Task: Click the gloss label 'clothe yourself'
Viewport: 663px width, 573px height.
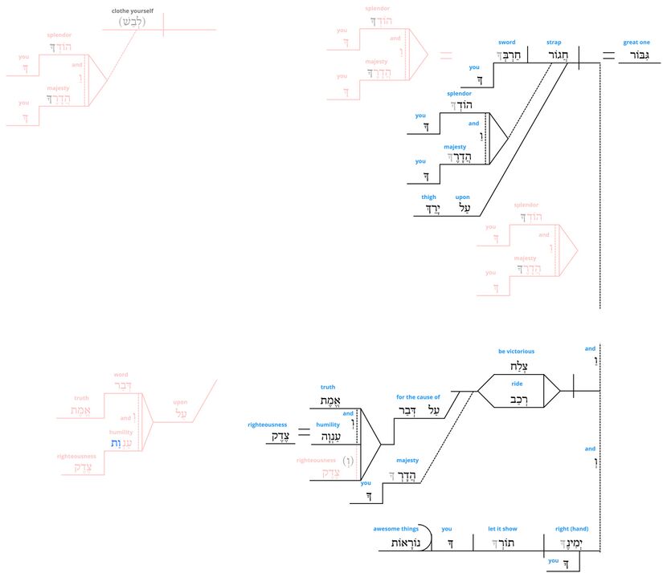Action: (x=133, y=10)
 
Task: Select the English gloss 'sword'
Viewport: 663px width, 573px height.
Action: (x=506, y=42)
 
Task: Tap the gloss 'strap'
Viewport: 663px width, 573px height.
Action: (x=554, y=42)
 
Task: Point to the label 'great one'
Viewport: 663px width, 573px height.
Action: (x=636, y=42)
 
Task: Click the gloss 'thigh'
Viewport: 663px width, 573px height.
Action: (x=428, y=197)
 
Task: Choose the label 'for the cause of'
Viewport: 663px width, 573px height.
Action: (x=418, y=396)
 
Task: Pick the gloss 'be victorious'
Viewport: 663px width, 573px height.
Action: (x=516, y=351)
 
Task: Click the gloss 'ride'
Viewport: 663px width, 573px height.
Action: (x=517, y=384)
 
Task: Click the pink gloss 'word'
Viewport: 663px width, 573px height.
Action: (x=121, y=375)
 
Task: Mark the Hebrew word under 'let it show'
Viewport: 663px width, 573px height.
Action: (x=502, y=543)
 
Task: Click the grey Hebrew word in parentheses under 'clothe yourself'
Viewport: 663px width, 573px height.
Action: (x=133, y=22)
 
